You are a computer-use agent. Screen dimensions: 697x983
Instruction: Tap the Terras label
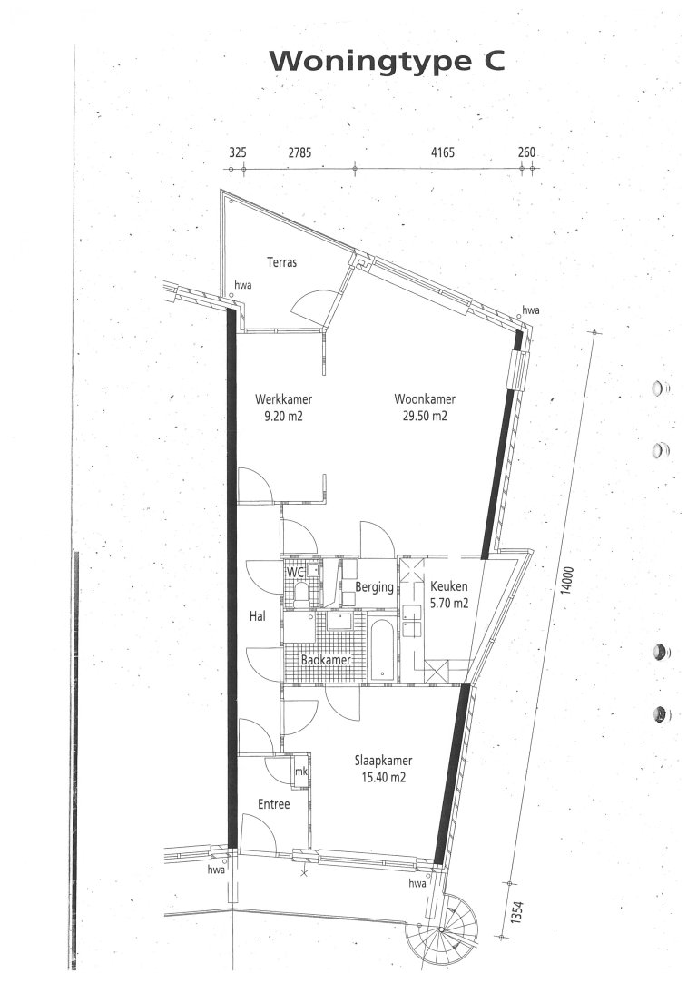coord(282,262)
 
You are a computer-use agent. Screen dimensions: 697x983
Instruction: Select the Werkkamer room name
coord(283,399)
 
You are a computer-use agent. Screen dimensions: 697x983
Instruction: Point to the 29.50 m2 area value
coord(425,417)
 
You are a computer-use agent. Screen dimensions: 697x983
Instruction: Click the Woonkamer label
coord(425,399)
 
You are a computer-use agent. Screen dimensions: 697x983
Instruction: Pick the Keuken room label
coord(449,586)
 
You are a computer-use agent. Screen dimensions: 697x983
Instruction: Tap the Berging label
coord(374,587)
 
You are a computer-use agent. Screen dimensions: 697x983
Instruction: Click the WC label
coord(294,573)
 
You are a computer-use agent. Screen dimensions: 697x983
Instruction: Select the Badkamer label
coord(325,660)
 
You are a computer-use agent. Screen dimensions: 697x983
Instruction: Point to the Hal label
coord(257,616)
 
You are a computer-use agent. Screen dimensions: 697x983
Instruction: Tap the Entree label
coord(274,803)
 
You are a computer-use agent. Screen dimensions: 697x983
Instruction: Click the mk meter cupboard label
coord(301,772)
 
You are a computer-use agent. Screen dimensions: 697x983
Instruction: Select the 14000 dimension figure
coord(567,580)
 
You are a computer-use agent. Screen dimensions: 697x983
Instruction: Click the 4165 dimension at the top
coord(443,152)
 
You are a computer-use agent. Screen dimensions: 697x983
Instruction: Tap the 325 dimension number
coord(238,152)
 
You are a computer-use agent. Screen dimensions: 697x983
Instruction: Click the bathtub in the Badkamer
coord(383,651)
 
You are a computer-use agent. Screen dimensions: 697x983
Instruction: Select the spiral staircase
coord(441,929)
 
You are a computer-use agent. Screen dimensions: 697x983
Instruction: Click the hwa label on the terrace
coord(243,285)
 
